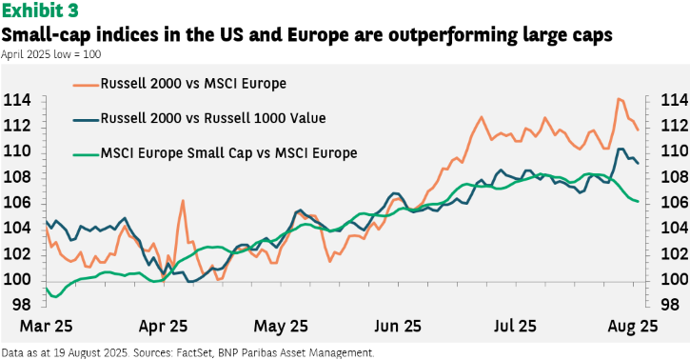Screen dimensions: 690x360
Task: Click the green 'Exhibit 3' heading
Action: [x=40, y=10]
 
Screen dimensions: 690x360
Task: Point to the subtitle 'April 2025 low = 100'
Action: [x=51, y=54]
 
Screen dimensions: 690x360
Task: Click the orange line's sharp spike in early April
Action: [x=183, y=201]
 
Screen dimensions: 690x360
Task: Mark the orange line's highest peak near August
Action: [x=619, y=99]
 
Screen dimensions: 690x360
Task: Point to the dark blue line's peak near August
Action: [x=621, y=149]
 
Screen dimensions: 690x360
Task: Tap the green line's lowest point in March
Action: [x=55, y=297]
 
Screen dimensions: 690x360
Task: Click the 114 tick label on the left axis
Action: [x=17, y=100]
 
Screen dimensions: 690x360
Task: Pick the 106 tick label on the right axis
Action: [x=674, y=203]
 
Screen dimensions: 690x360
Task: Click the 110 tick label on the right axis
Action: [x=674, y=151]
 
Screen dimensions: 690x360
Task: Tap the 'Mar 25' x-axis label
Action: [x=47, y=326]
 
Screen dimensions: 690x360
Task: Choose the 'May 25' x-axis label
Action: [x=281, y=326]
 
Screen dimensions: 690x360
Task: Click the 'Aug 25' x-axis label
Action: [x=632, y=326]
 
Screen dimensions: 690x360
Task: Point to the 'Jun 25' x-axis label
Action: [x=398, y=326]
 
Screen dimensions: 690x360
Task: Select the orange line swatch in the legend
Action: [x=86, y=84]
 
